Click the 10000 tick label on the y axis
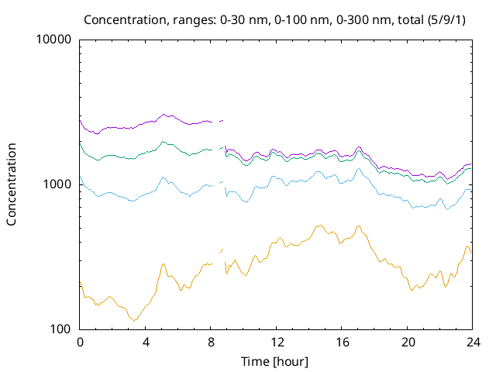(x=53, y=40)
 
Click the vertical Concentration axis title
(x=12, y=184)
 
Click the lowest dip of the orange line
(x=136, y=320)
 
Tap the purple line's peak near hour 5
(x=164, y=114)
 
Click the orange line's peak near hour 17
(x=358, y=226)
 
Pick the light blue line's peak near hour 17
(x=358, y=168)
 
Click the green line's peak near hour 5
(x=163, y=142)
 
